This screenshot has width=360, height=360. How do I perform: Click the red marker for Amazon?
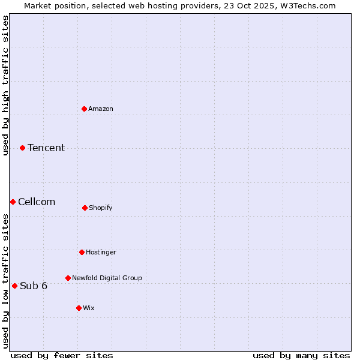84,109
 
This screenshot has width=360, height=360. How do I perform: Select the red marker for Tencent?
22,148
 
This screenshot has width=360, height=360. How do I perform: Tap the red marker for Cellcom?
13,202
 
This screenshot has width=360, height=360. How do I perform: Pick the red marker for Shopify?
85,208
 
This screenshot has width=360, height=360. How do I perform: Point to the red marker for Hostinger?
82,252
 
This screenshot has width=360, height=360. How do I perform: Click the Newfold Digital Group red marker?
68,278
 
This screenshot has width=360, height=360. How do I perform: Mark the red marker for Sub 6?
14,286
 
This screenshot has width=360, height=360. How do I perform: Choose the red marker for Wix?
79,308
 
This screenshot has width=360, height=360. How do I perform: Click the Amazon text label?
101,109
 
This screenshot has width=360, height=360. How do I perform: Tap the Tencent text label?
46,148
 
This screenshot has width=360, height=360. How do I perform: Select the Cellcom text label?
37,202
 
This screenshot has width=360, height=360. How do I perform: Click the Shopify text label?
101,208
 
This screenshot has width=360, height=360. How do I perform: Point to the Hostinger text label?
101,252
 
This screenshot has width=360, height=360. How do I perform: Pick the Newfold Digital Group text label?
107,278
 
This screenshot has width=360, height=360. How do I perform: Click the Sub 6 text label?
34,286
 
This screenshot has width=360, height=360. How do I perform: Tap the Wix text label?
89,308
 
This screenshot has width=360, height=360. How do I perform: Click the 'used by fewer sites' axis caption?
62,355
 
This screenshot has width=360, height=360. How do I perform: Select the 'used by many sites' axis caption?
301,355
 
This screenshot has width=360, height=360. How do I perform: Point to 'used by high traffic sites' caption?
5,85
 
